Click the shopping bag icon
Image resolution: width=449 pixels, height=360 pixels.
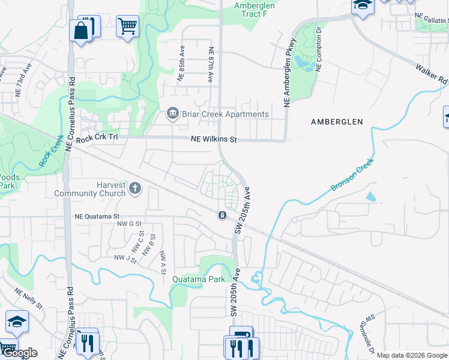click(x=81, y=30)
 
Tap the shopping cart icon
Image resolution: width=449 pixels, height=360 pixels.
click(x=127, y=26)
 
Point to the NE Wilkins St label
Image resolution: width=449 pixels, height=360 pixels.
click(x=214, y=139)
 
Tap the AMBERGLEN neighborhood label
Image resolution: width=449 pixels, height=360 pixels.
click(x=337, y=122)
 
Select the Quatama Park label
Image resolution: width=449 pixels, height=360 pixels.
click(x=199, y=279)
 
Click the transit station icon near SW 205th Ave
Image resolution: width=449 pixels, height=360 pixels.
click(x=222, y=215)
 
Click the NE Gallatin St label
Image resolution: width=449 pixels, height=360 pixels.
click(x=430, y=20)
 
